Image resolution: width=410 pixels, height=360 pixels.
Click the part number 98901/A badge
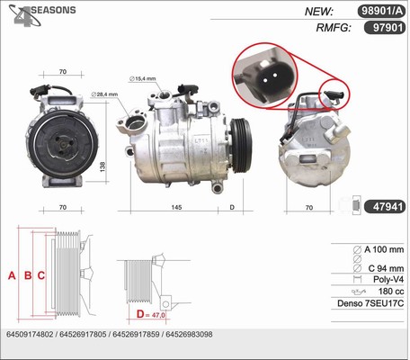381,11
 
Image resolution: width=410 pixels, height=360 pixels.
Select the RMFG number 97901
385,28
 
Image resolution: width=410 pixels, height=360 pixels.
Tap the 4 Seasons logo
42,15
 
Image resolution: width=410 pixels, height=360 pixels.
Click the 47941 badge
385,207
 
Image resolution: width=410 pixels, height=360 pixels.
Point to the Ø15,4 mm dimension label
143,78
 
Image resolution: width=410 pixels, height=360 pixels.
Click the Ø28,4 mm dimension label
104,94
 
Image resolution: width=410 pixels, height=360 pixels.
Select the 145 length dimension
176,207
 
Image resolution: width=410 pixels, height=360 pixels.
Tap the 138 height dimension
102,167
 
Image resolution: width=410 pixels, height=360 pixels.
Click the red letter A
12,275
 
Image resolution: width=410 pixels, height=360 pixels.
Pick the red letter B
28,275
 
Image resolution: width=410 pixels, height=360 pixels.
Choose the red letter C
41,275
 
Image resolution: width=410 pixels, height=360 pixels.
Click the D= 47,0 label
150,314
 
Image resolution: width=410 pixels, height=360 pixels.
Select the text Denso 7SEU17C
370,303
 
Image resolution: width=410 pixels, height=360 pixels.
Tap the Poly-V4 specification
388,279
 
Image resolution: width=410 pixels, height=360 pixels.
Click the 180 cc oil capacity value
391,292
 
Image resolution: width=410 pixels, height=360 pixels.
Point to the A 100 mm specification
384,249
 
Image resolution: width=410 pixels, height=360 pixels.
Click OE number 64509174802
30,334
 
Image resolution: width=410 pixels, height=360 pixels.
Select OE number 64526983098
189,334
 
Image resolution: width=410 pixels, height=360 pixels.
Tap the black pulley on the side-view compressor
242,146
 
